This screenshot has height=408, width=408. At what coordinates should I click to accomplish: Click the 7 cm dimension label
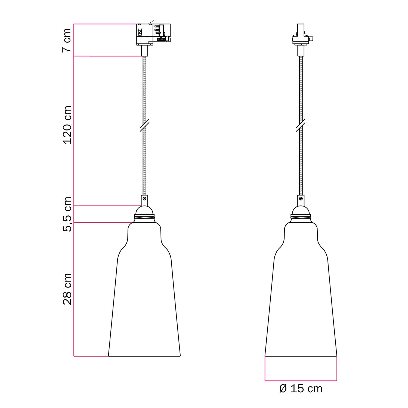67,40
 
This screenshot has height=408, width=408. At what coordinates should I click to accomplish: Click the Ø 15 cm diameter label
301,389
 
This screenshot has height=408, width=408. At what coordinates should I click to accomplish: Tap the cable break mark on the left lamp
144,125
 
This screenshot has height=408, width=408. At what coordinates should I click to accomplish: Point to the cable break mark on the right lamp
301,125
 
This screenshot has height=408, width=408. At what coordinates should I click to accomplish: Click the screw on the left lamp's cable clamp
144,199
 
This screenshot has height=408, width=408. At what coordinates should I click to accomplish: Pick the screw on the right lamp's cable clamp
301,199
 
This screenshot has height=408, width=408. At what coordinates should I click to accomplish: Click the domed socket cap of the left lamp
144,210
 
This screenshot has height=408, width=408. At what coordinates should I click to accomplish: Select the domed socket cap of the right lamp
301,210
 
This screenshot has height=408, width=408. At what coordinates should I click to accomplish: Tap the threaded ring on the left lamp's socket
144,217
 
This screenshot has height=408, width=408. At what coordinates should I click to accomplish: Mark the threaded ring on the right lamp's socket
301,217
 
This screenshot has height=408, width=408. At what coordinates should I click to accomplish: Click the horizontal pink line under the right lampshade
301,380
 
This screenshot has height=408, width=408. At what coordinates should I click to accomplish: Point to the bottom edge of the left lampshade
144,356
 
